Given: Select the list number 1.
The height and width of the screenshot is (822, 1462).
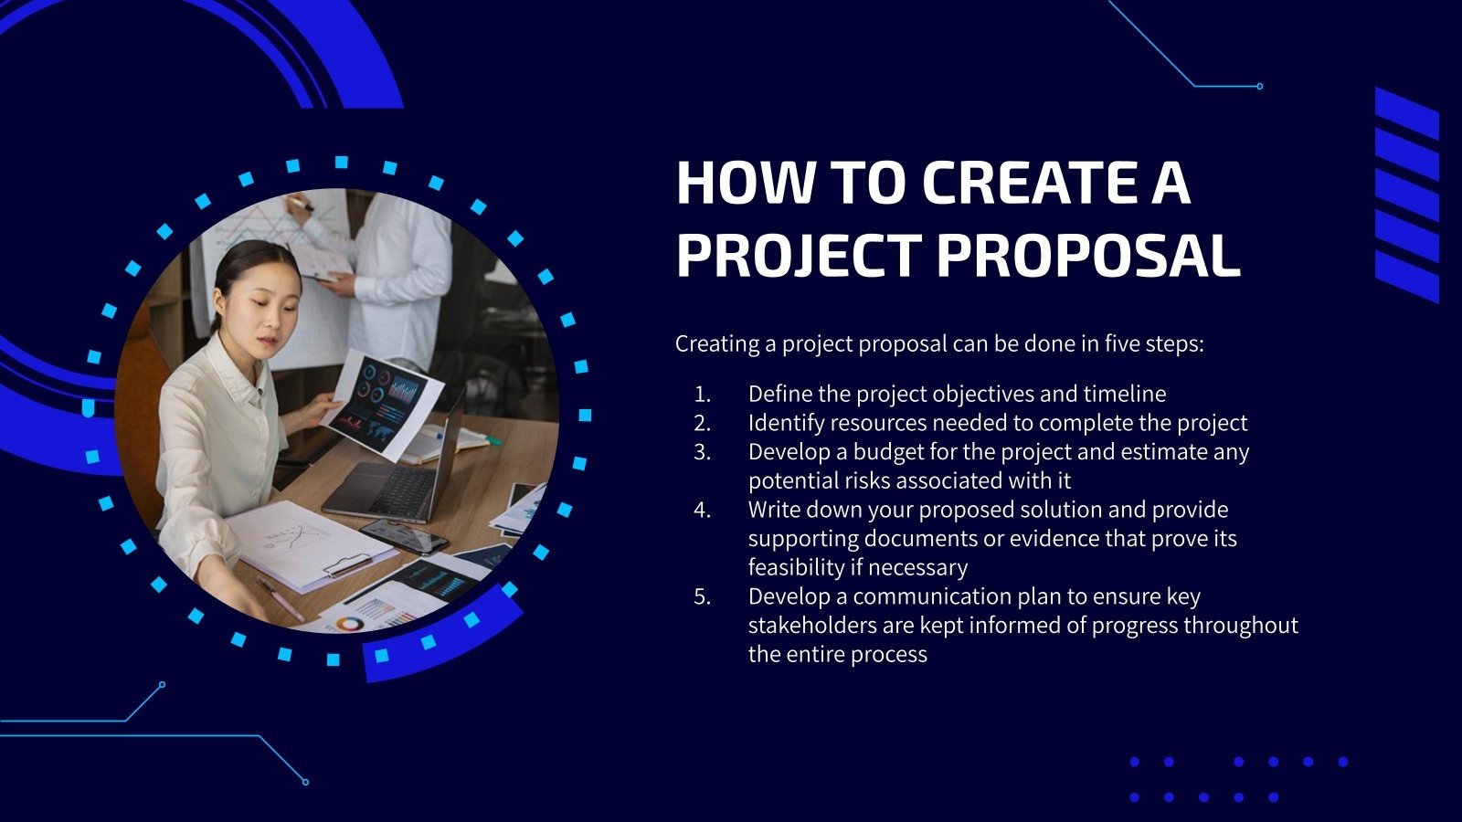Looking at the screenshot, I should (702, 395).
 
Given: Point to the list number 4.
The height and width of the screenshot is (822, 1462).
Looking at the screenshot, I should (702, 510).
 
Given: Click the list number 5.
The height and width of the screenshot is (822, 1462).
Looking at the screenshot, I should (702, 596).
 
